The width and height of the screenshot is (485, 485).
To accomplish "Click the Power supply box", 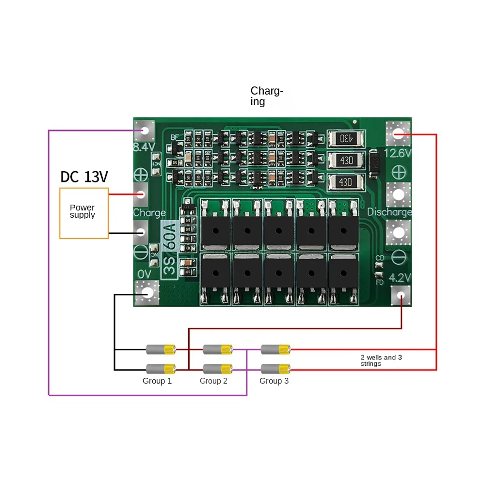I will coord(83,213).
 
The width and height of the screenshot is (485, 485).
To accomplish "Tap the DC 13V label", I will coord(84,177).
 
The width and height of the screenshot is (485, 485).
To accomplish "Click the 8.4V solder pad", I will coord(145,130).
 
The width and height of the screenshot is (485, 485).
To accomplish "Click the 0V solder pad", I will coord(146,292).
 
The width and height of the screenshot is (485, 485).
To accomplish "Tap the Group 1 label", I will coord(157,381).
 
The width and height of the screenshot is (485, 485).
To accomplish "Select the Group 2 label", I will coord(213,381).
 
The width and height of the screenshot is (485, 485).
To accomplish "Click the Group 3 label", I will coord(274,381).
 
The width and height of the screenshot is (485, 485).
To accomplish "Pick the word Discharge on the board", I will coord(389,212).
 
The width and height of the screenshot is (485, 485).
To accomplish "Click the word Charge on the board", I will coord(149,212).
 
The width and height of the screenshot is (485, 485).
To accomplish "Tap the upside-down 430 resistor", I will coord(345,138).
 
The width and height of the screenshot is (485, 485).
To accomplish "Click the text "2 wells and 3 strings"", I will coord(381,360).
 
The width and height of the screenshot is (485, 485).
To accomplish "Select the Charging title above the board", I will coord(266,96).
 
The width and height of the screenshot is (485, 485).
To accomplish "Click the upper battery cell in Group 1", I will coord(161,349).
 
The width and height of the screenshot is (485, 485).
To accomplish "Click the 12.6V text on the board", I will coord(398,153).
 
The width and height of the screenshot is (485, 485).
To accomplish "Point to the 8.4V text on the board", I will coord(144,146).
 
